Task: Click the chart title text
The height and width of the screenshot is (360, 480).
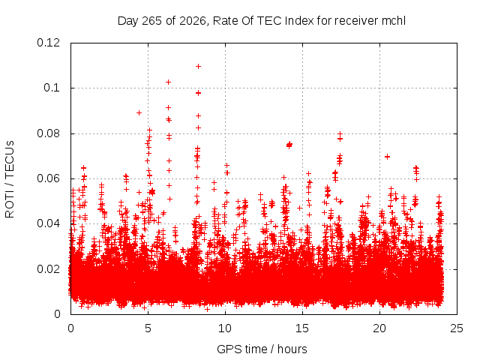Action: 262,21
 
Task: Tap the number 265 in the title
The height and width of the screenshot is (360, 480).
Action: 152,21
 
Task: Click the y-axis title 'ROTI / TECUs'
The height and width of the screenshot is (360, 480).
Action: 10,179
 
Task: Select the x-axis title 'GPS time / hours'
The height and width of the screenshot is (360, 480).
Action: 262,349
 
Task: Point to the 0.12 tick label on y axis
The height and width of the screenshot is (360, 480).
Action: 48,43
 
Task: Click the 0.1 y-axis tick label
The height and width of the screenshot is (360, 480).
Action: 52,88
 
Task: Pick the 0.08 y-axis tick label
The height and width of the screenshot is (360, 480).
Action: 48,133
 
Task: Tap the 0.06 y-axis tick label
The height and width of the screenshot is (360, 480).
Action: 48,178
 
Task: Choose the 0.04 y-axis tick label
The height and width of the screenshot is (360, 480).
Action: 48,223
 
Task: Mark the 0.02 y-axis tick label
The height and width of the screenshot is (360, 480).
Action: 48,269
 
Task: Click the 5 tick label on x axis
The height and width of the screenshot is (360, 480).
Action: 148,328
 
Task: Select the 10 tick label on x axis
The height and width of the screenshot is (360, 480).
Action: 225,328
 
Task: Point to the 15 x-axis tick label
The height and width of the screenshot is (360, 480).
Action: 302,328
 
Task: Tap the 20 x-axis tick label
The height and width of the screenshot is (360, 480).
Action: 379,328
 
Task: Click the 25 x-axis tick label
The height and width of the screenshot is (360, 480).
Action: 457,328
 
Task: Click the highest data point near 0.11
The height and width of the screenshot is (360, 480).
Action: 198,67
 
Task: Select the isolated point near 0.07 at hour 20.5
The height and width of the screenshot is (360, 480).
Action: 387,157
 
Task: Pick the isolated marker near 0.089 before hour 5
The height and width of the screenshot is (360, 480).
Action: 139,113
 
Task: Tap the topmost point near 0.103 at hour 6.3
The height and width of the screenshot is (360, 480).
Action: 168,82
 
